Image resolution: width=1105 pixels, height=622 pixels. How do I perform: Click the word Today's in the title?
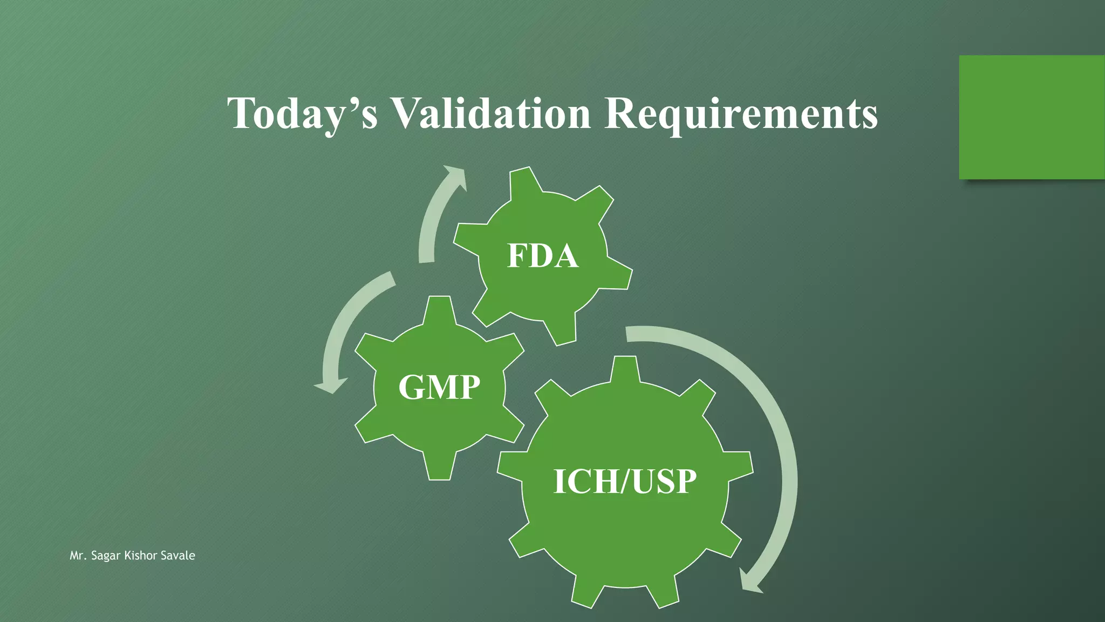tap(302, 113)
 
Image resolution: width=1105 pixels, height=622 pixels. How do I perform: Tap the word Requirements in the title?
tap(741, 114)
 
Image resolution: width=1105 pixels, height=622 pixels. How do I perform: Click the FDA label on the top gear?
tap(543, 256)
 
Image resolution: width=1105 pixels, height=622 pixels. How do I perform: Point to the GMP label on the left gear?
tap(439, 387)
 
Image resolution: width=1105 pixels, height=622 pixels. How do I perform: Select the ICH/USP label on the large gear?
tap(625, 482)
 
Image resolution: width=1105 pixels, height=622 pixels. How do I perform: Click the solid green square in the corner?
tap(1032, 117)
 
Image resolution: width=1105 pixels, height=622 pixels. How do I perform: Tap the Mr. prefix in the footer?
tap(78, 556)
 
